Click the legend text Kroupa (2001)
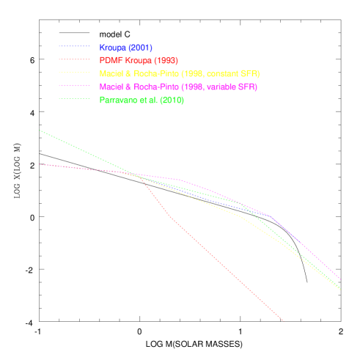(x=125, y=48)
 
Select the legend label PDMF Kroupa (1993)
(x=138, y=61)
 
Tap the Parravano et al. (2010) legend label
(x=142, y=100)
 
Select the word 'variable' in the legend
(x=216, y=87)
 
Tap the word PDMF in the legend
(x=110, y=61)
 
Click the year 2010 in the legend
(x=172, y=100)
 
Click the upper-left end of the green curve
(x=40, y=131)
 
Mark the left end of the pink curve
(x=40, y=164)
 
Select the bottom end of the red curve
(x=283, y=320)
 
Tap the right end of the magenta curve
(x=340, y=279)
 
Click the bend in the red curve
(x=170, y=216)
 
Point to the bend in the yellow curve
(x=240, y=216)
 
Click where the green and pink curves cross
(x=136, y=174)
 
